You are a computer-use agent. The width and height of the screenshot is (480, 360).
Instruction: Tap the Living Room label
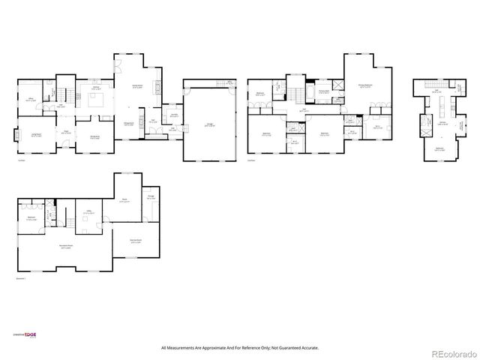point(35,135)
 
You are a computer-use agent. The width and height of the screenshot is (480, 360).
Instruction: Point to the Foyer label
point(66,132)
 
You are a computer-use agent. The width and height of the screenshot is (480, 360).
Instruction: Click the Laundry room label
point(173,115)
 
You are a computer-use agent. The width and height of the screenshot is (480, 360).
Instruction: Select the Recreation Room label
point(66,246)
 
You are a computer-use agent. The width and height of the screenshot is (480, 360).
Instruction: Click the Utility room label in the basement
point(88,213)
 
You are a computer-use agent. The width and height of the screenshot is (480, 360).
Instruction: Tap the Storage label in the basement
point(151,196)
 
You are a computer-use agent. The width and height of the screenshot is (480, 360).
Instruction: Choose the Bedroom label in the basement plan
point(32,217)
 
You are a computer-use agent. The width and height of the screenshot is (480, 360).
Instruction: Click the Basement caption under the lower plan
point(20,279)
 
